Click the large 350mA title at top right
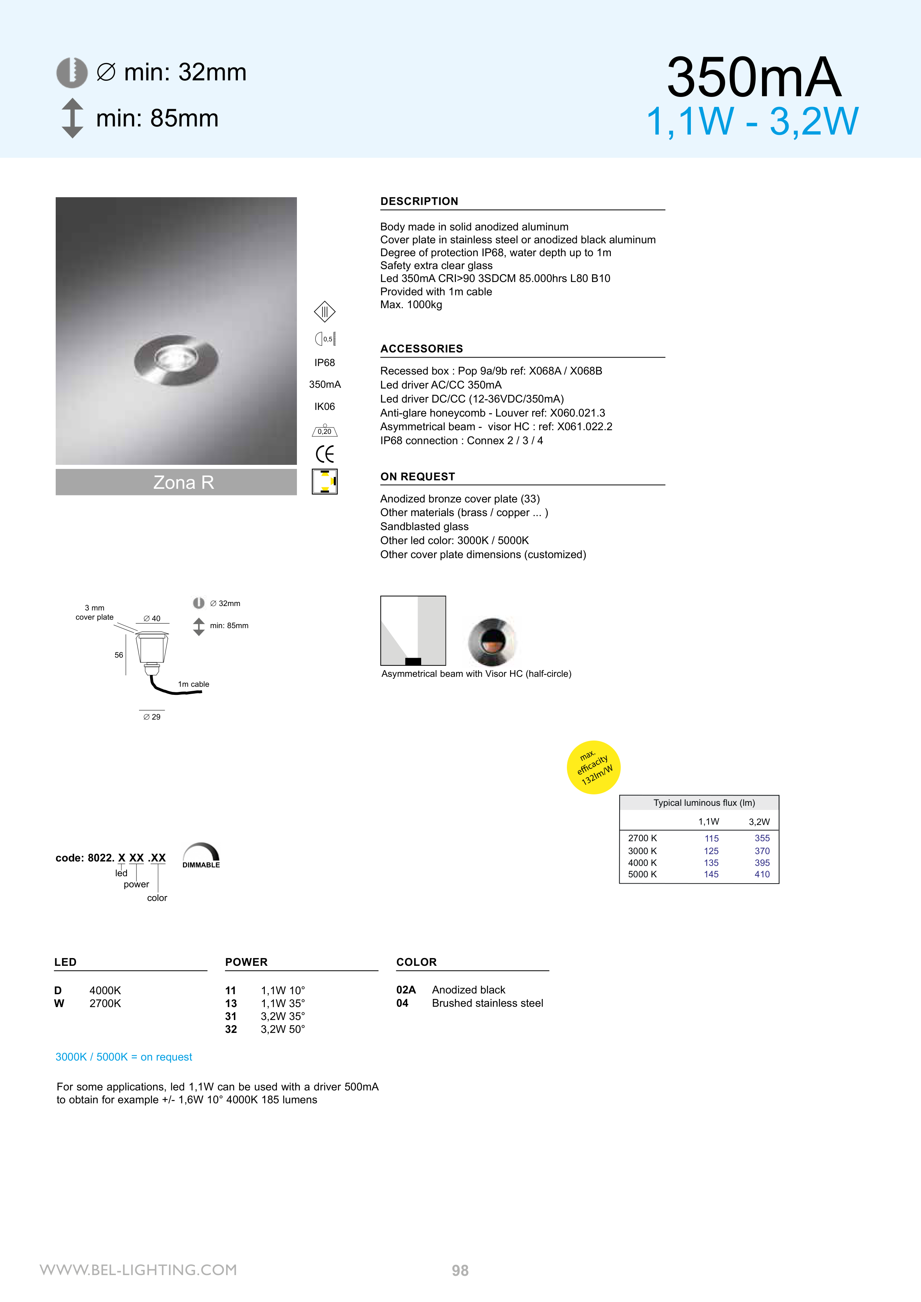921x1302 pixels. point(754,78)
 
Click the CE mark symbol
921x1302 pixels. point(325,454)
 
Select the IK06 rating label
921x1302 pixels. point(325,407)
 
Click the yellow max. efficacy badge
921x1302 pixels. point(593,767)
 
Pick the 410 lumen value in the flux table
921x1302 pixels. point(762,874)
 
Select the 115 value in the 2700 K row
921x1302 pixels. point(711,838)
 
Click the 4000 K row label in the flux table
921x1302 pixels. point(643,863)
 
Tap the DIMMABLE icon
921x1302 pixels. point(201,856)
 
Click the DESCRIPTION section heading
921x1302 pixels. point(419,201)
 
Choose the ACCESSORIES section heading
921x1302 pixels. point(422,349)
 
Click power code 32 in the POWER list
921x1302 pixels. point(231,1029)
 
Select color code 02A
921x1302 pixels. point(406,989)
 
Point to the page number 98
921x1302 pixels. point(460,1270)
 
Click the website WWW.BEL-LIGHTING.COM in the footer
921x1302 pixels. point(138,1270)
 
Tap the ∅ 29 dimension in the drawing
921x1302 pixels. point(152,717)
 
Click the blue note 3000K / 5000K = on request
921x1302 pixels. point(124,1057)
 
